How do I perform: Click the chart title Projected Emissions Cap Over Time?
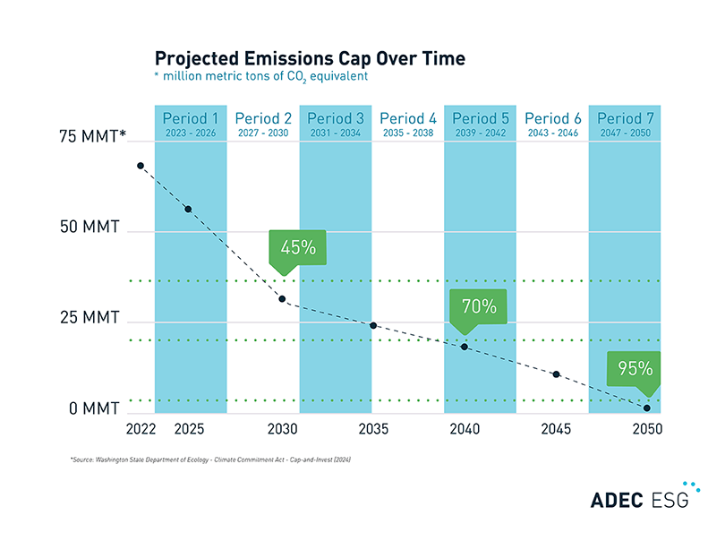310,59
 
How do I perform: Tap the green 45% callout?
298,248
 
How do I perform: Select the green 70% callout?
479,306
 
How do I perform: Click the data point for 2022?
141,166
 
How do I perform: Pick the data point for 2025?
188,209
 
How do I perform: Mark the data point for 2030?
282,298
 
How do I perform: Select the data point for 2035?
373,325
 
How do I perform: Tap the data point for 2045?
556,374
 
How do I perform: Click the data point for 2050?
646,408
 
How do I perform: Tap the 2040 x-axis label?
464,430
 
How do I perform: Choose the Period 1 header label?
190,118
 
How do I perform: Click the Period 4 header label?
407,118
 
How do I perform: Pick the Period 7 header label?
625,118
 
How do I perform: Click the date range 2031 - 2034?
335,133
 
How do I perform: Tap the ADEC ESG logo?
639,498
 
